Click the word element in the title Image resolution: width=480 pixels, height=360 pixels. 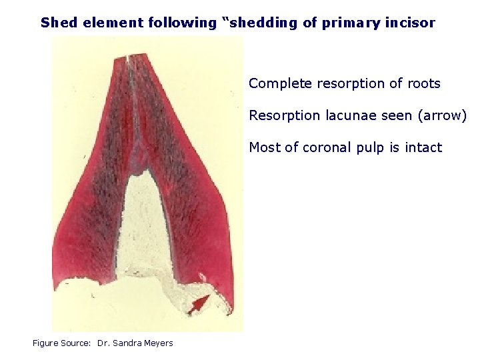click(99, 23)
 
